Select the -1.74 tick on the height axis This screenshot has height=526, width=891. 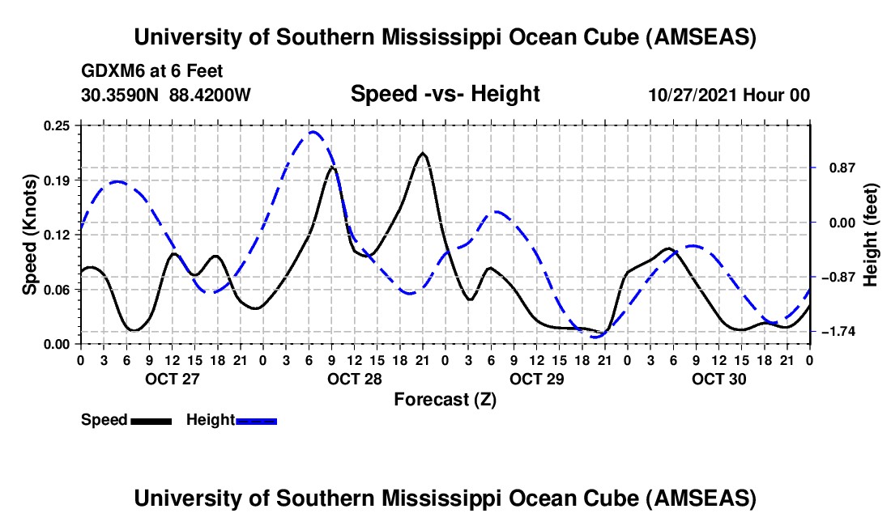click(x=838, y=332)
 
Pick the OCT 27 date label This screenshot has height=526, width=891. click(x=171, y=379)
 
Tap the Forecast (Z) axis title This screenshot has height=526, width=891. click(x=445, y=399)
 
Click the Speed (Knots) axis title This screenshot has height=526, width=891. click(x=29, y=235)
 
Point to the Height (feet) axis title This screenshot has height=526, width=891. click(x=871, y=235)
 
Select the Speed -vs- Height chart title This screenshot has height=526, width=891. click(x=445, y=95)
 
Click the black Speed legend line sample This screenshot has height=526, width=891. click(x=151, y=420)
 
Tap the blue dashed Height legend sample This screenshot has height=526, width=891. click(x=257, y=420)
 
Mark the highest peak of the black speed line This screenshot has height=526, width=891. click(x=422, y=153)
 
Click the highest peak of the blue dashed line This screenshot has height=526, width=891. click(x=313, y=132)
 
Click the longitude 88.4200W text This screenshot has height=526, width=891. click(x=210, y=95)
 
